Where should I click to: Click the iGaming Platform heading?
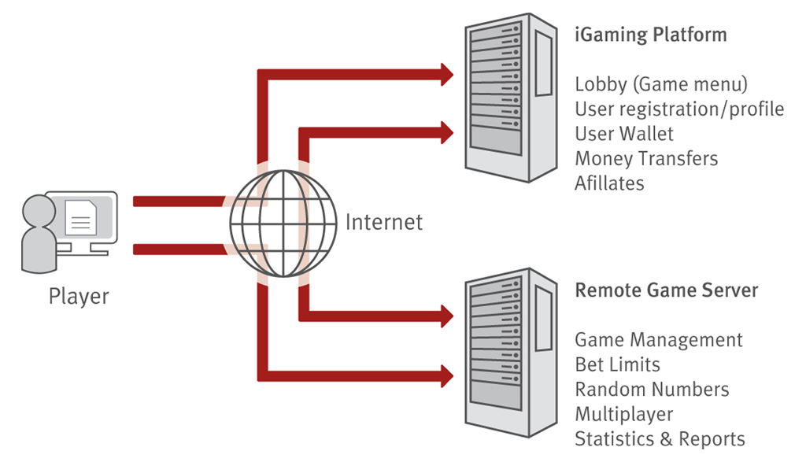[650, 35]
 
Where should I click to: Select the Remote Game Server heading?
[667, 290]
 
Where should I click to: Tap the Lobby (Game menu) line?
[661, 84]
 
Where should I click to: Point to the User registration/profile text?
[679, 109]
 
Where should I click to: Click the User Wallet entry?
[624, 134]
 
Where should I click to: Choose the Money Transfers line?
[646, 158]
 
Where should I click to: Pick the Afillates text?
[609, 183]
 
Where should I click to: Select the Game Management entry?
[659, 340]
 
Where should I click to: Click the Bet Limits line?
[617, 364]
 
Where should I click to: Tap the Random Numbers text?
[652, 389]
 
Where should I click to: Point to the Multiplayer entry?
[624, 413]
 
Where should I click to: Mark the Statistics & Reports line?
[660, 438]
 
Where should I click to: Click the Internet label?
[383, 222]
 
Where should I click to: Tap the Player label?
[79, 297]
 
